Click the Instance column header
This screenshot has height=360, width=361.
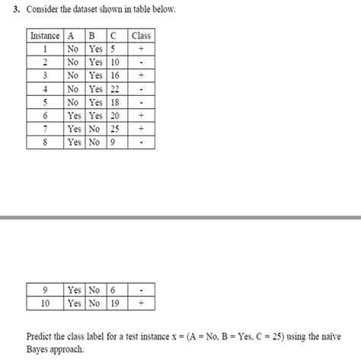point(44,35)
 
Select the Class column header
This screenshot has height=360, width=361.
point(141,35)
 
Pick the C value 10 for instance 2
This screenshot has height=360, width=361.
point(114,62)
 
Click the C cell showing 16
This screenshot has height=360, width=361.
point(114,75)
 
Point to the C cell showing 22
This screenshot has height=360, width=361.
point(114,89)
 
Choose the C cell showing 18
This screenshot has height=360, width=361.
point(114,102)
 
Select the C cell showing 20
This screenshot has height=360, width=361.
point(114,116)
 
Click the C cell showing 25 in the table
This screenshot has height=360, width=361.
point(114,129)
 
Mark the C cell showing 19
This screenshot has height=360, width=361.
point(114,302)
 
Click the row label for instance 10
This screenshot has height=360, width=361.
point(44,302)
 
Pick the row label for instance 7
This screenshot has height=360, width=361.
point(44,129)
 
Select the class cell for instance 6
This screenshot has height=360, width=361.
point(141,116)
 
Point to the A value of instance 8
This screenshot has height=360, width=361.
point(74,142)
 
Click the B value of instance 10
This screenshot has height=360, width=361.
point(95,302)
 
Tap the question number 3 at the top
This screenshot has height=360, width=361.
point(15,10)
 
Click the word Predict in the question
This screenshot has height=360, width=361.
point(42,335)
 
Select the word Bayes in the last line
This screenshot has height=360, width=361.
point(40,349)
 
